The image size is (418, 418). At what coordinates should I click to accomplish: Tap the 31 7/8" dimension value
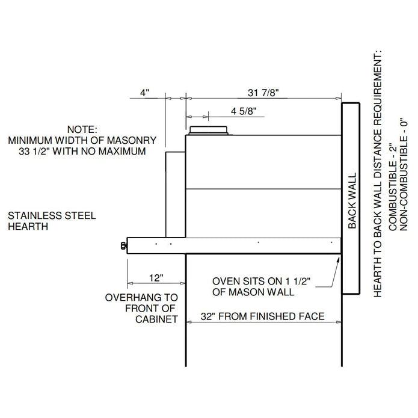pos(263,93)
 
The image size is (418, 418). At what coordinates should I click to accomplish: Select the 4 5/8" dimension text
pos(244,111)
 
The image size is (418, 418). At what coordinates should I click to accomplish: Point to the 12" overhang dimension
pos(156,278)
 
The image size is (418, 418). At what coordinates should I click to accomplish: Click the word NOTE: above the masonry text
pos(81,129)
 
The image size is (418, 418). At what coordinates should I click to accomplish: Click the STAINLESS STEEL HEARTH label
pos(51,221)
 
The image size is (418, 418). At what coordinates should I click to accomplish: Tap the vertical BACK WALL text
pos(352,201)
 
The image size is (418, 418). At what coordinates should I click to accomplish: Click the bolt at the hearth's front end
pos(124,245)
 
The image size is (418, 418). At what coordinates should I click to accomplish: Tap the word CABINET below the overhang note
pos(156,319)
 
